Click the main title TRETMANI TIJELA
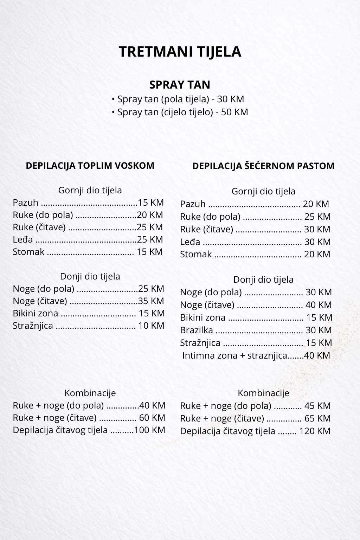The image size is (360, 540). click(x=180, y=52)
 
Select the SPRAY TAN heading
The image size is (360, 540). click(x=180, y=85)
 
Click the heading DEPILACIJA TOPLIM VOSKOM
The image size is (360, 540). click(x=90, y=166)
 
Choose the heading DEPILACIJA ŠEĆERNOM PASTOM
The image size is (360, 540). click(x=263, y=166)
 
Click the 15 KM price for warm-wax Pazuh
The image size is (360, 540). click(x=151, y=202)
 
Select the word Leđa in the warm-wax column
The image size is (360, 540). click(x=23, y=240)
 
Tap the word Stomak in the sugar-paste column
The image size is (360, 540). click(x=196, y=254)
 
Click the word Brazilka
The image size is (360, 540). click(x=197, y=330)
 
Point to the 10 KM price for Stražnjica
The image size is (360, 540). click(x=151, y=326)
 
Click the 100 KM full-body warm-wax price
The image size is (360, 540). click(x=149, y=430)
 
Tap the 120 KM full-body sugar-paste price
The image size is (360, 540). click(x=315, y=431)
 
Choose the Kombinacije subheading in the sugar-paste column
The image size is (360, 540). click(x=263, y=393)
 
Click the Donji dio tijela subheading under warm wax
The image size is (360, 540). click(x=90, y=276)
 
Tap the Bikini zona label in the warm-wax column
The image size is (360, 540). click(x=36, y=313)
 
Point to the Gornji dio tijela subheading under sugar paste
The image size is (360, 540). click(x=263, y=192)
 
